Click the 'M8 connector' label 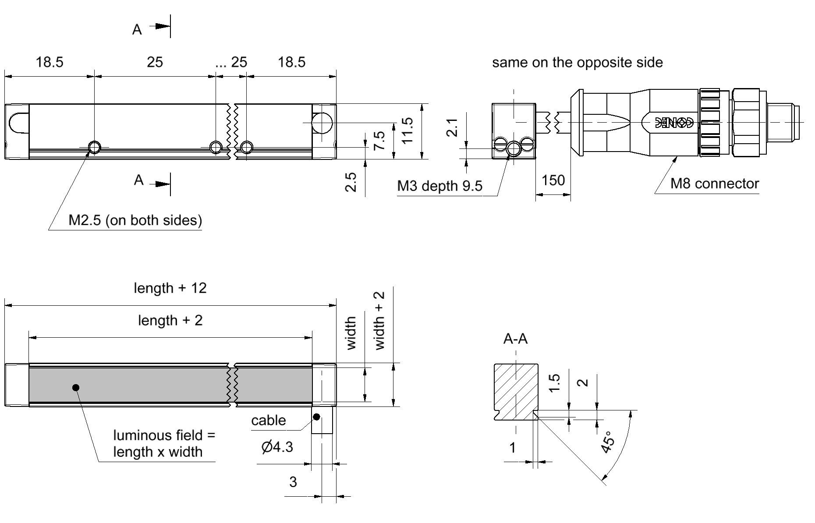[714, 184]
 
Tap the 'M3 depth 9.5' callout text [439, 186]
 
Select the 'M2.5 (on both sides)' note [135, 220]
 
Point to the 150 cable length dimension [553, 180]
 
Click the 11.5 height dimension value [407, 131]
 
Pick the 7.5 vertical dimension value [379, 141]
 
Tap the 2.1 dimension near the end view [452, 127]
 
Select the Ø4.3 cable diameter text [277, 447]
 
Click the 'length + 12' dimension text [170, 288]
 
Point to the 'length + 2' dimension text [170, 320]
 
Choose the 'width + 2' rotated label [379, 321]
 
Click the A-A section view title [515, 339]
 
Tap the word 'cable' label [268, 421]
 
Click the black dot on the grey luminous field [76, 387]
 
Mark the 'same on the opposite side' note [577, 62]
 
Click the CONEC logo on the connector [674, 123]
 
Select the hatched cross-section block [516, 390]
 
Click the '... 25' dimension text [231, 62]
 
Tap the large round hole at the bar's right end [322, 123]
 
